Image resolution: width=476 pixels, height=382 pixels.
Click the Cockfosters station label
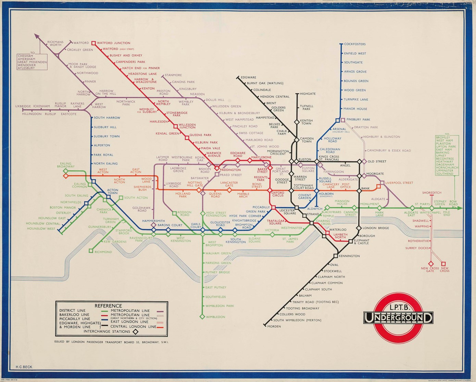[355, 44]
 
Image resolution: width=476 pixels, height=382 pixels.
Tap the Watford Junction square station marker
[93, 43]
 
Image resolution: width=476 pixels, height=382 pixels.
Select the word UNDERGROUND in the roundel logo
[398, 318]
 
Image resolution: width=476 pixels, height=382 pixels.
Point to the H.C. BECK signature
[24, 367]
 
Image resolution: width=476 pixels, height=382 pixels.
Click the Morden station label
[274, 326]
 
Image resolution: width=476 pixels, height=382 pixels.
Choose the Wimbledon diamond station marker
[203, 317]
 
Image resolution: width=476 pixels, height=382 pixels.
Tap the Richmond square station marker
[91, 251]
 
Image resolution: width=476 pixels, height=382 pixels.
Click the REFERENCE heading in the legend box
[108, 306]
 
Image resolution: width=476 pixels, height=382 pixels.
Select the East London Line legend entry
[129, 322]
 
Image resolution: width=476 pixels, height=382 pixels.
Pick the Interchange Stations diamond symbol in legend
[136, 332]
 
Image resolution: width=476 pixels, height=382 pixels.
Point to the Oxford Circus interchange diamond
[270, 190]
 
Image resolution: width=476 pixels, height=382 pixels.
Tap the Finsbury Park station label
[358, 120]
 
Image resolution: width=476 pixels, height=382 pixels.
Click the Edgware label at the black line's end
[249, 78]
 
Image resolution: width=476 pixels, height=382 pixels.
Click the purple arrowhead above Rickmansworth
[36, 35]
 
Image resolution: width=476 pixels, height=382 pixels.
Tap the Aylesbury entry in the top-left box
[26, 68]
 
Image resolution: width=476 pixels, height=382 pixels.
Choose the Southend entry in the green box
[444, 174]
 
